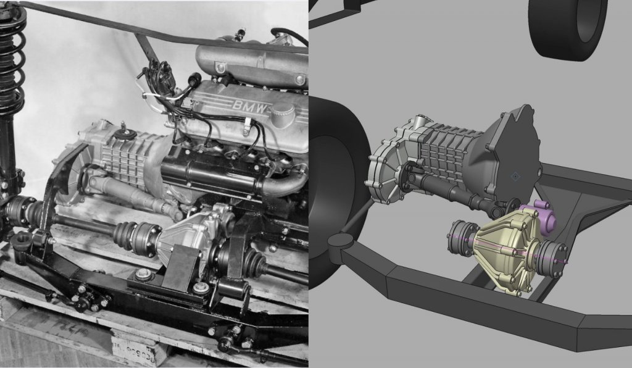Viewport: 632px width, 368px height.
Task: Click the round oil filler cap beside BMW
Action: tap(282, 114)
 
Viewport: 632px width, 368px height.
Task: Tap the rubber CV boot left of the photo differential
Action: tap(124, 235)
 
